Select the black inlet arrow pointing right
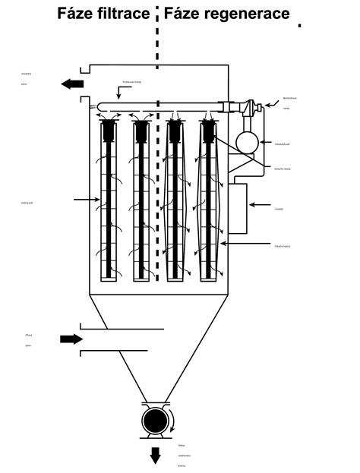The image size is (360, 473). point(71,339)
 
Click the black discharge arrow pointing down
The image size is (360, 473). point(156,455)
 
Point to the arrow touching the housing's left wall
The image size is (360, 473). point(87,200)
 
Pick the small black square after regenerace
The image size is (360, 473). point(301,25)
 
